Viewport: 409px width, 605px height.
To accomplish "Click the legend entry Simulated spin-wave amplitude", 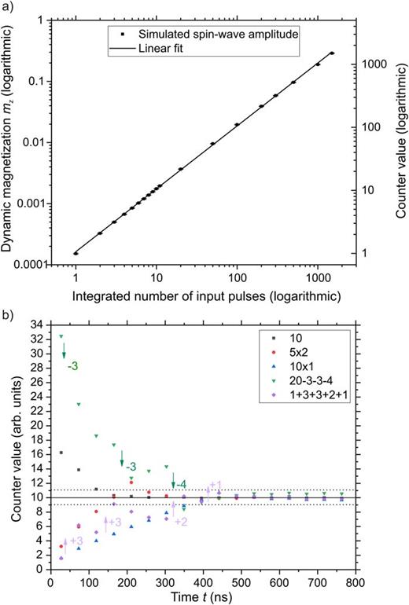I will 201,35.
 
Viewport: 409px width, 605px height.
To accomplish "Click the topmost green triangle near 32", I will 61,336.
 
